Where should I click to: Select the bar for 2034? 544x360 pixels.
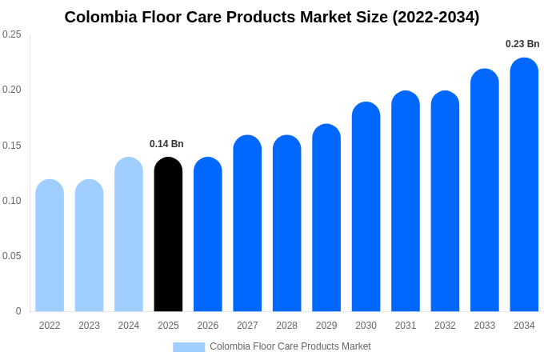524,185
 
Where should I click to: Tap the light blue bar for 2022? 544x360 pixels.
50,246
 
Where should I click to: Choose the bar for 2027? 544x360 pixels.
247,223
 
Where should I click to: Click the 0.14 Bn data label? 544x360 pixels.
166,144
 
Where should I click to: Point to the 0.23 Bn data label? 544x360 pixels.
522,44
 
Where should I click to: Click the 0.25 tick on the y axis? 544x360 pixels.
12,34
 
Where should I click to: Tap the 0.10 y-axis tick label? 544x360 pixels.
12,201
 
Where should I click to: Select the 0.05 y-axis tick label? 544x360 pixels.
12,256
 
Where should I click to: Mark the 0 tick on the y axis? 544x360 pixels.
18,311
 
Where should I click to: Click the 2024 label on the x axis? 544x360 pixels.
129,326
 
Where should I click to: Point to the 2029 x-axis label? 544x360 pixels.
326,326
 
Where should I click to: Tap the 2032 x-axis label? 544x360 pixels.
445,326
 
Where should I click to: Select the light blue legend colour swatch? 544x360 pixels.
189,346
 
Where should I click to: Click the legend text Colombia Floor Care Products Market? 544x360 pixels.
290,346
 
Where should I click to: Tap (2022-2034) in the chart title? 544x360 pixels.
436,17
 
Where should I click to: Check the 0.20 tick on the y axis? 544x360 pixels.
12,90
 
